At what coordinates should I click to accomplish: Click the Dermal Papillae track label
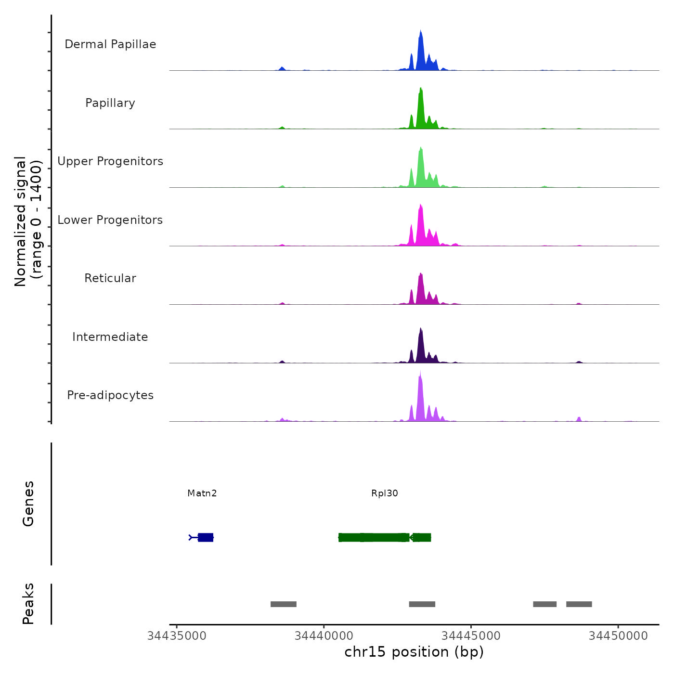[x=110, y=44]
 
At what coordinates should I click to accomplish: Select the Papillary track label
[x=110, y=103]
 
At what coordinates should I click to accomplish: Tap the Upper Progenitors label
[x=110, y=161]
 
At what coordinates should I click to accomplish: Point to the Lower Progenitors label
[x=110, y=220]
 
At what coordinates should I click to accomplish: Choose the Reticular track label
[x=110, y=278]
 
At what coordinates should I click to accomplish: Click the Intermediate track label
[x=110, y=337]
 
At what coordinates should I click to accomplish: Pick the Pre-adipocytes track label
[x=110, y=395]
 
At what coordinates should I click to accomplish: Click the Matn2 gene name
[x=202, y=493]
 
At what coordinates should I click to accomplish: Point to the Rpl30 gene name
[x=385, y=493]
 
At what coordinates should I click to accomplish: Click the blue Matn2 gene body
[x=206, y=537]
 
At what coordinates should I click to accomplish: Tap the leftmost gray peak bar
[x=284, y=604]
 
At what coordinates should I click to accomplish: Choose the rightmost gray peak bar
[x=579, y=604]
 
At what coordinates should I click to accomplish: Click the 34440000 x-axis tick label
[x=324, y=635]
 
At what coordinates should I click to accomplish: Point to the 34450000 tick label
[x=618, y=635]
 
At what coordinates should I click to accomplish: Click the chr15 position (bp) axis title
[x=414, y=652]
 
